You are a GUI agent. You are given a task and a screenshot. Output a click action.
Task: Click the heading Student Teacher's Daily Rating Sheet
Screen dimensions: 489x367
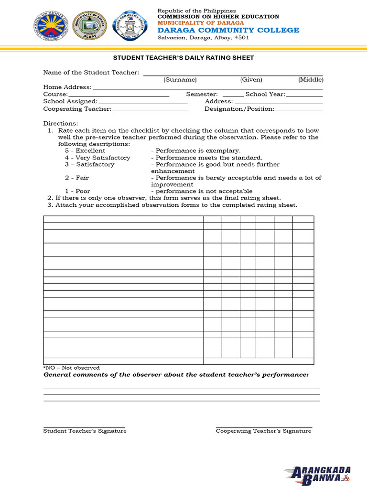pos(183,58)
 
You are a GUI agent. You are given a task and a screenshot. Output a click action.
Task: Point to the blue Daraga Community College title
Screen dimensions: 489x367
pos(228,30)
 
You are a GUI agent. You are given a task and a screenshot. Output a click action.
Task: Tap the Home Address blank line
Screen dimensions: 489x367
pos(208,88)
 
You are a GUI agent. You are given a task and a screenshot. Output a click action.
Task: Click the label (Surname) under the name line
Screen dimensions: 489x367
pos(180,80)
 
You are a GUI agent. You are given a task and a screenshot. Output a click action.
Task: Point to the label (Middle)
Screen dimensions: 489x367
pos(311,80)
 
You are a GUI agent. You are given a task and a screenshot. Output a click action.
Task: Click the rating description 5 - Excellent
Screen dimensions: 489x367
pos(85,151)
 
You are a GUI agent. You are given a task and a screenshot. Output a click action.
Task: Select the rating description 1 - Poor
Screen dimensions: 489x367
pos(77,191)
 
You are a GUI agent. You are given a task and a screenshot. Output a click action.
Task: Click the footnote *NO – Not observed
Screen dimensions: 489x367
pos(72,368)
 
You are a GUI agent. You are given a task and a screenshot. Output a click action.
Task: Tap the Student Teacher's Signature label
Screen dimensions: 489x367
pos(85,431)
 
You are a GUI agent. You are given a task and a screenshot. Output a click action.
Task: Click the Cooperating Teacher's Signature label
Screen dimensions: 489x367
pos(263,431)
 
